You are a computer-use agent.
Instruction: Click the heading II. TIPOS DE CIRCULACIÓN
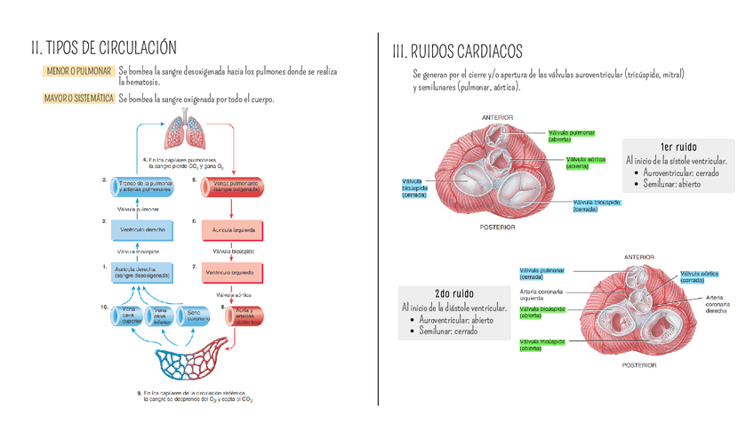(x=104, y=47)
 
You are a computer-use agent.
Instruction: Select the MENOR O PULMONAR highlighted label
(x=76, y=70)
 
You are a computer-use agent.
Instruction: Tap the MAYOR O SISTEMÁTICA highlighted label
(x=78, y=99)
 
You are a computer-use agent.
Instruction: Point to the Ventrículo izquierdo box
(x=231, y=271)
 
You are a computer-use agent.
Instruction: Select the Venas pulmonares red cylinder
(x=236, y=186)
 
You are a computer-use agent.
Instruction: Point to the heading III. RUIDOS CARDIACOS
(x=457, y=52)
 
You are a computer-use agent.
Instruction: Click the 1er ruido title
(x=678, y=147)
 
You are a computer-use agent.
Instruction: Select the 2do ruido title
(x=453, y=293)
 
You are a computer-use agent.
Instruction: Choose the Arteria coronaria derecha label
(x=719, y=304)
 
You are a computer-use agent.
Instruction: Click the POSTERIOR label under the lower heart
(x=639, y=365)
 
